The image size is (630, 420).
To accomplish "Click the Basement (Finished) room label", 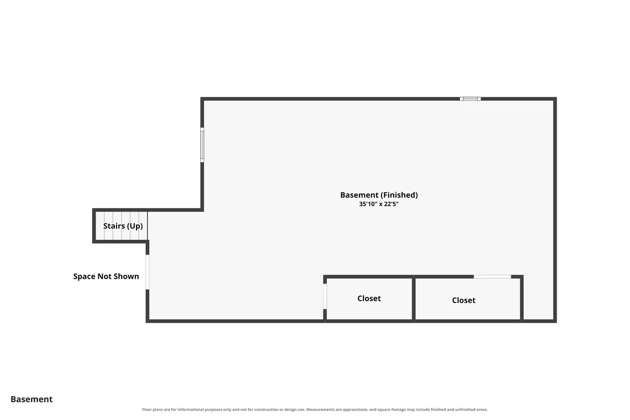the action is (379, 195).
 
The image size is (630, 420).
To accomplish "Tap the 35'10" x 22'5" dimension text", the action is (379, 204).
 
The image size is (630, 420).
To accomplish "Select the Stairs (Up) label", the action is (123, 226).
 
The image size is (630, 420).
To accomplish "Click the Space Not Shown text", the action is (106, 276).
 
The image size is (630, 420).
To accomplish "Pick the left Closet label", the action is (369, 298).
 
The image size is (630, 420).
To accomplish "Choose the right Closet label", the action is (463, 300).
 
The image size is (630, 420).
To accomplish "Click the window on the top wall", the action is (470, 99).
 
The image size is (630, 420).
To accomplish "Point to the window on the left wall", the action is (202, 145).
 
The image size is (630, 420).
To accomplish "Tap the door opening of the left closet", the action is (325, 296).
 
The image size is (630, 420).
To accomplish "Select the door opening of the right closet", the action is (492, 277).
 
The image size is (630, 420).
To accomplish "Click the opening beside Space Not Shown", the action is (147, 272).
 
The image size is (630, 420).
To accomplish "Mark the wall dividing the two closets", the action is (413, 298).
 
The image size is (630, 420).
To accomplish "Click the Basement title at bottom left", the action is (31, 399).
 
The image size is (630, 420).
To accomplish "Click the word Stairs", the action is (114, 226).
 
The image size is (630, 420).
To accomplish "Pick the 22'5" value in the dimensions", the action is (391, 204).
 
